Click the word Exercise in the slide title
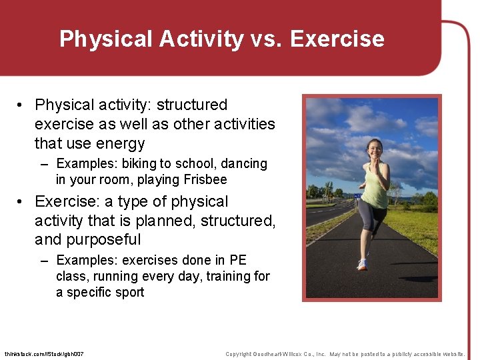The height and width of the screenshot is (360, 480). coord(337,39)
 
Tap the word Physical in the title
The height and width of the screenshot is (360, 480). coord(106,39)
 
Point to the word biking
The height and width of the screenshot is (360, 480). coord(138,164)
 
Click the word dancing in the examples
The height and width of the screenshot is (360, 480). coord(243,164)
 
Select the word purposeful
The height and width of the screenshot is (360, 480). coord(99,239)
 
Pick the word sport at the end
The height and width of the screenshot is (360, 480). coord(127,293)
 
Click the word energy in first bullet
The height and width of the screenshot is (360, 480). coord(120,143)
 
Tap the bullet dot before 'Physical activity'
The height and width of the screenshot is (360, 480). coord(22,105)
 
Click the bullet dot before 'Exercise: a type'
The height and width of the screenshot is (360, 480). coord(22,202)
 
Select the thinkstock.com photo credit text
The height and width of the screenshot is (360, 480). coord(44,354)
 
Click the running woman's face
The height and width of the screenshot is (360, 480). coord(374,148)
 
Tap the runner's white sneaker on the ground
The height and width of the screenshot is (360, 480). coord(362,265)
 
